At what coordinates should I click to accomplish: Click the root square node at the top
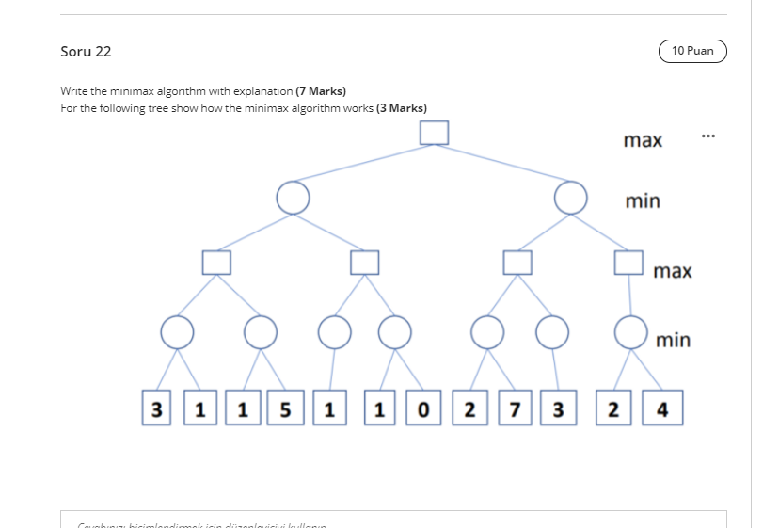pyautogui.click(x=434, y=133)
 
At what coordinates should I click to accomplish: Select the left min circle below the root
pyautogui.click(x=292, y=197)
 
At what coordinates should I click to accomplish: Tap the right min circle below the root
pyautogui.click(x=570, y=197)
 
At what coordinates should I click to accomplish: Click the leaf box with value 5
pyautogui.click(x=280, y=410)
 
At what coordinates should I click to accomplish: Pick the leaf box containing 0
pyautogui.click(x=423, y=410)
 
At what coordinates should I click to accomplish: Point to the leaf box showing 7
pyautogui.click(x=514, y=410)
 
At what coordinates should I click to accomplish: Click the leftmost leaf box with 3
pyautogui.click(x=156, y=410)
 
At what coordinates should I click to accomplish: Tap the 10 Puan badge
pyautogui.click(x=693, y=51)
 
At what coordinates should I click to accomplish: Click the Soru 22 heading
pyautogui.click(x=86, y=52)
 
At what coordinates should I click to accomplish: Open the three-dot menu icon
pyautogui.click(x=708, y=136)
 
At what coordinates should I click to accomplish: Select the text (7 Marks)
pyautogui.click(x=321, y=91)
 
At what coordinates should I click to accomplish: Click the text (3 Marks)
pyautogui.click(x=402, y=108)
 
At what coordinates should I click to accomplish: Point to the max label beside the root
pyautogui.click(x=643, y=140)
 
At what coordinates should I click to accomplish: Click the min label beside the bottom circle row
pyautogui.click(x=672, y=340)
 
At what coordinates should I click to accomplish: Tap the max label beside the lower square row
pyautogui.click(x=673, y=271)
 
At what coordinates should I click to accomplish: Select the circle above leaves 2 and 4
pyautogui.click(x=629, y=330)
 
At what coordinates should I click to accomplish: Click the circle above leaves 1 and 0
pyautogui.click(x=395, y=330)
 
